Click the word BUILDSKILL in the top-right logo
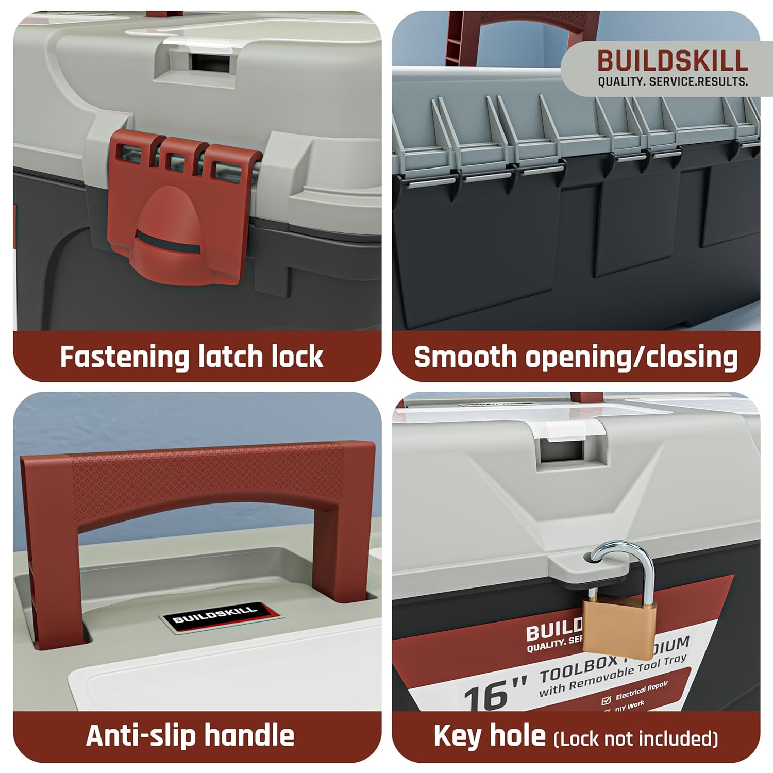coord(673,61)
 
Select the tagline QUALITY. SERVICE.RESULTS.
coord(673,82)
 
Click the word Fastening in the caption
coord(124,357)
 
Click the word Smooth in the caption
coord(465,357)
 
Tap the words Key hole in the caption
coord(489,736)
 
